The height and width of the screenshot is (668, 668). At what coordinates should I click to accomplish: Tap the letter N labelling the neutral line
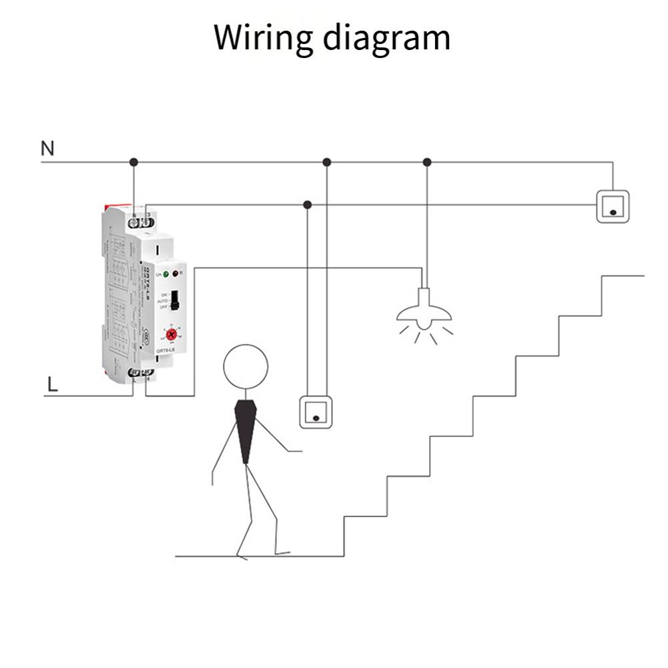point(47,148)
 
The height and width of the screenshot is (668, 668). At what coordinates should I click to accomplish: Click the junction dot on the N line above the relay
point(133,162)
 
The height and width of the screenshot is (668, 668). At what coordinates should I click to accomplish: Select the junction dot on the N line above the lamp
point(427,162)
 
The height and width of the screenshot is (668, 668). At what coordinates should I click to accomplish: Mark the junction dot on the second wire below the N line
point(307,204)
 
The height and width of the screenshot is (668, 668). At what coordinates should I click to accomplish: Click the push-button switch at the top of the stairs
point(612,206)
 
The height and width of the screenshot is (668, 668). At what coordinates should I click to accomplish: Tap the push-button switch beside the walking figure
point(315,411)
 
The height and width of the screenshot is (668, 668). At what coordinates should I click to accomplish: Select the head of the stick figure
point(246,366)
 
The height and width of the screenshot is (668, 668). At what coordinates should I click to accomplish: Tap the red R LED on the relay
point(175,274)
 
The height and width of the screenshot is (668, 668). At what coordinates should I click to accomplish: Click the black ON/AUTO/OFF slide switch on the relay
point(175,300)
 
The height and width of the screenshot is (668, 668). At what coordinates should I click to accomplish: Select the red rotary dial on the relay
point(172,334)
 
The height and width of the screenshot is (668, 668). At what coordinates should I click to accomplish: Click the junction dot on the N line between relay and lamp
point(326,162)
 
